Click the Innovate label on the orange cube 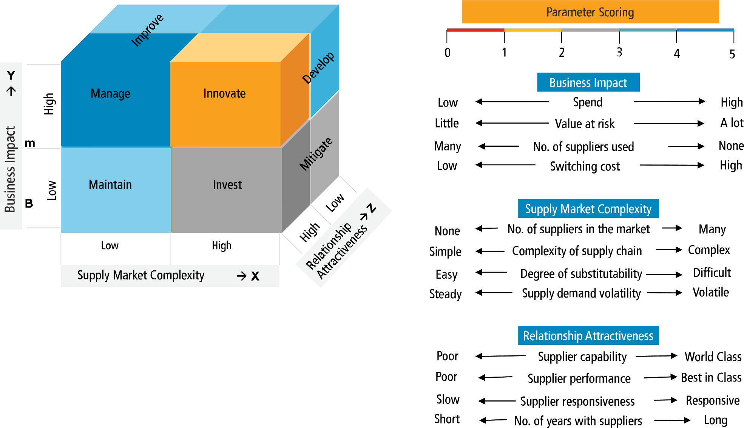[224, 93]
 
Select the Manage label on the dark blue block [110, 93]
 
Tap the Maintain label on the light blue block [110, 185]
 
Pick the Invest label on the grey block [227, 185]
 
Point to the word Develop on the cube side [318, 68]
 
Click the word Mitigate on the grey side [316, 154]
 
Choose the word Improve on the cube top [147, 30]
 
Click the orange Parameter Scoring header [590, 12]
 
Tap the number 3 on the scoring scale [619, 53]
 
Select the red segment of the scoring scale [475, 30]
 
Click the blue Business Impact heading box [588, 82]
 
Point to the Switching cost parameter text [585, 166]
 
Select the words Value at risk [585, 124]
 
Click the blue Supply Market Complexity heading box [588, 209]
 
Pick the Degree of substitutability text [581, 274]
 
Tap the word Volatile [710, 292]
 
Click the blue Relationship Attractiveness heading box [588, 336]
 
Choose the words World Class [713, 357]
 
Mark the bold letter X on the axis [255, 276]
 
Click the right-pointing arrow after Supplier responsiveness [665, 400]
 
